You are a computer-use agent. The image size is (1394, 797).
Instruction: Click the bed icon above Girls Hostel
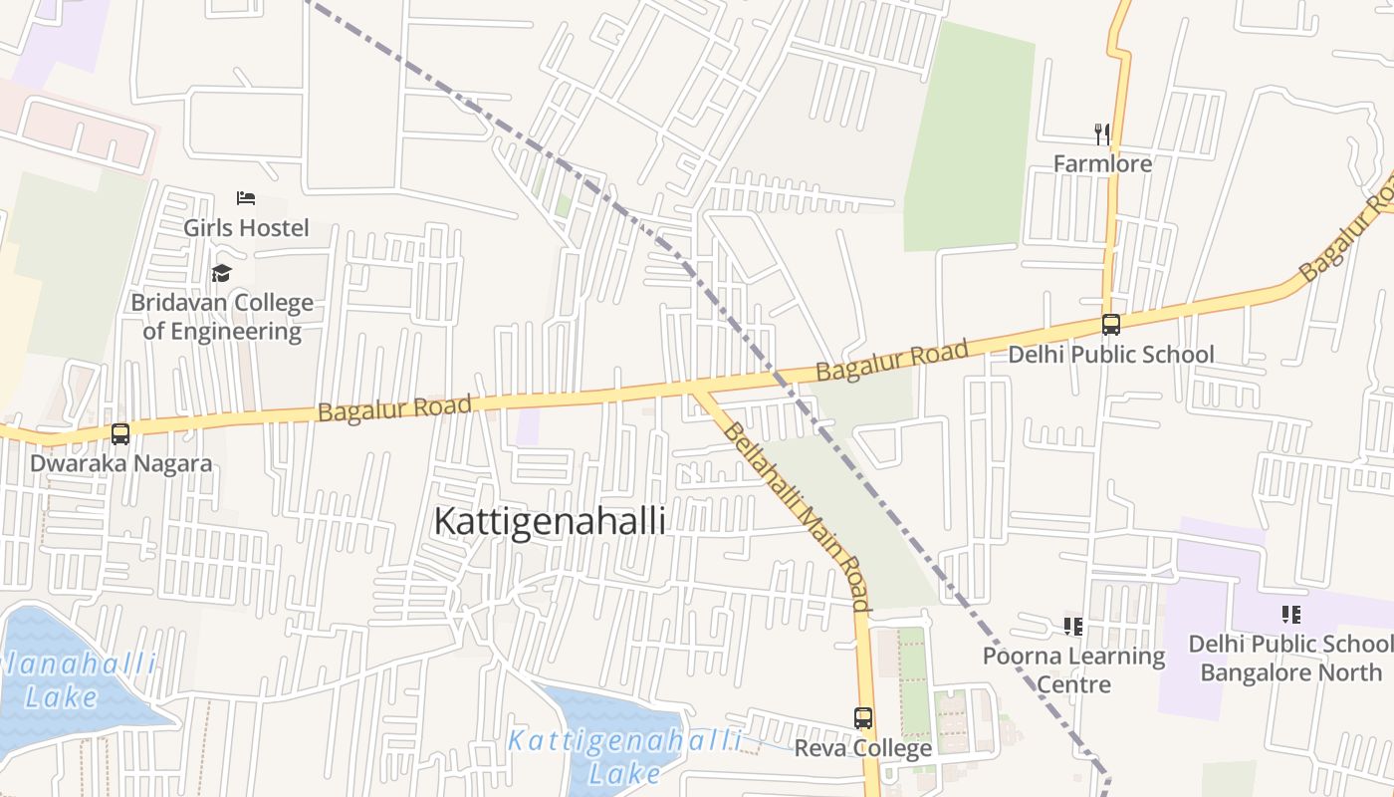click(246, 198)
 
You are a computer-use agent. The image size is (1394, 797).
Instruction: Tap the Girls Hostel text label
click(246, 228)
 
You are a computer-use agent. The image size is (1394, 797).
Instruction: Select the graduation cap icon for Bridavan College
click(221, 273)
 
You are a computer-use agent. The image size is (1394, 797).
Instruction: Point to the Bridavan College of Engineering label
click(222, 317)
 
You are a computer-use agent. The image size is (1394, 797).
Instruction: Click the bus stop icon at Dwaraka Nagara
click(120, 434)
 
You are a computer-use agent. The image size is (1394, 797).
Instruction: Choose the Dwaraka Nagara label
click(120, 463)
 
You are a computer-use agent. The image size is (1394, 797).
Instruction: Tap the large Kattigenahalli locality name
click(550, 521)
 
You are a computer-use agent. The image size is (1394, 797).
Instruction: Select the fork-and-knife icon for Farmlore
click(1102, 133)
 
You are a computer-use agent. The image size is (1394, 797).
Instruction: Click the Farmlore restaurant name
click(1102, 163)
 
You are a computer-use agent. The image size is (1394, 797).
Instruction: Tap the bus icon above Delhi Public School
click(1110, 325)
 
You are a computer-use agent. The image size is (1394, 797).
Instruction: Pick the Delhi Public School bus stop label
click(1111, 355)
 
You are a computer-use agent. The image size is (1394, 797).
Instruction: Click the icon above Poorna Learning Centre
click(1073, 626)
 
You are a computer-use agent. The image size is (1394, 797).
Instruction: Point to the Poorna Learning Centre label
click(1073, 669)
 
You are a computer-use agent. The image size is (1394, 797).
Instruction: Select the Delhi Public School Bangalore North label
click(1291, 658)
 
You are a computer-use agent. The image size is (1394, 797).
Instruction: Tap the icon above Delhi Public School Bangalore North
click(1291, 614)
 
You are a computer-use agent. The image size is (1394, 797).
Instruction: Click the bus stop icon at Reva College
click(863, 717)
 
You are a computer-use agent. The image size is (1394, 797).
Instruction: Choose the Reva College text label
click(863, 747)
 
